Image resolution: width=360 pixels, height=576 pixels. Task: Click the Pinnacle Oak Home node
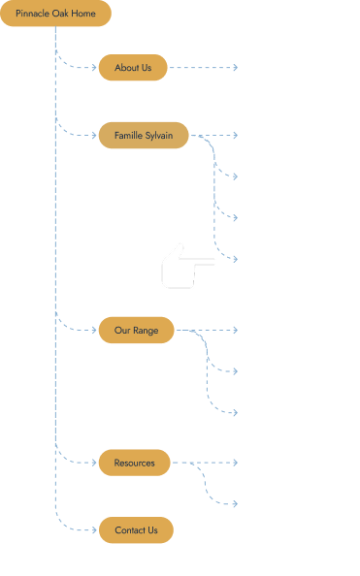[55, 14]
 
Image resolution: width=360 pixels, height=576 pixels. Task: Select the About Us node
[133, 68]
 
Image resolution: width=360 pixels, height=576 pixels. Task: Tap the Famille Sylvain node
[144, 136]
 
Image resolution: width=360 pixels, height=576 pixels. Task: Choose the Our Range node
[137, 331]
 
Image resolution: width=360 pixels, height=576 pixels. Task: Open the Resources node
[135, 463]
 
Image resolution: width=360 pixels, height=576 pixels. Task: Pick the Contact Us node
[136, 530]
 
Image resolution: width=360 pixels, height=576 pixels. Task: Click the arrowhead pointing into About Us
[94, 68]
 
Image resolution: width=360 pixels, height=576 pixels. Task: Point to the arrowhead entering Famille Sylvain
[94, 136]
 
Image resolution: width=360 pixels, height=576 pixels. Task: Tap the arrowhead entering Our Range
[94, 331]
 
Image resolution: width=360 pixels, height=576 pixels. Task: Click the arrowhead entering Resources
[94, 463]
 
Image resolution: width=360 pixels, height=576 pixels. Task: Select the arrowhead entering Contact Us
[94, 530]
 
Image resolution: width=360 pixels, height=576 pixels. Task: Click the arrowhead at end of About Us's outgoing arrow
[236, 68]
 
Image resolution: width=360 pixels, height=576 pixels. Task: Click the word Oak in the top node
[60, 14]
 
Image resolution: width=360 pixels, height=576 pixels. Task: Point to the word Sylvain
[159, 136]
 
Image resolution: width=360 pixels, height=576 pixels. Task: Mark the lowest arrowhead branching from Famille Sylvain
[236, 259]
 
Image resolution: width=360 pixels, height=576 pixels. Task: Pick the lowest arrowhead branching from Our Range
[236, 413]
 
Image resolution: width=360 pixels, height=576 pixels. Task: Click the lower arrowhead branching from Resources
[236, 504]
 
